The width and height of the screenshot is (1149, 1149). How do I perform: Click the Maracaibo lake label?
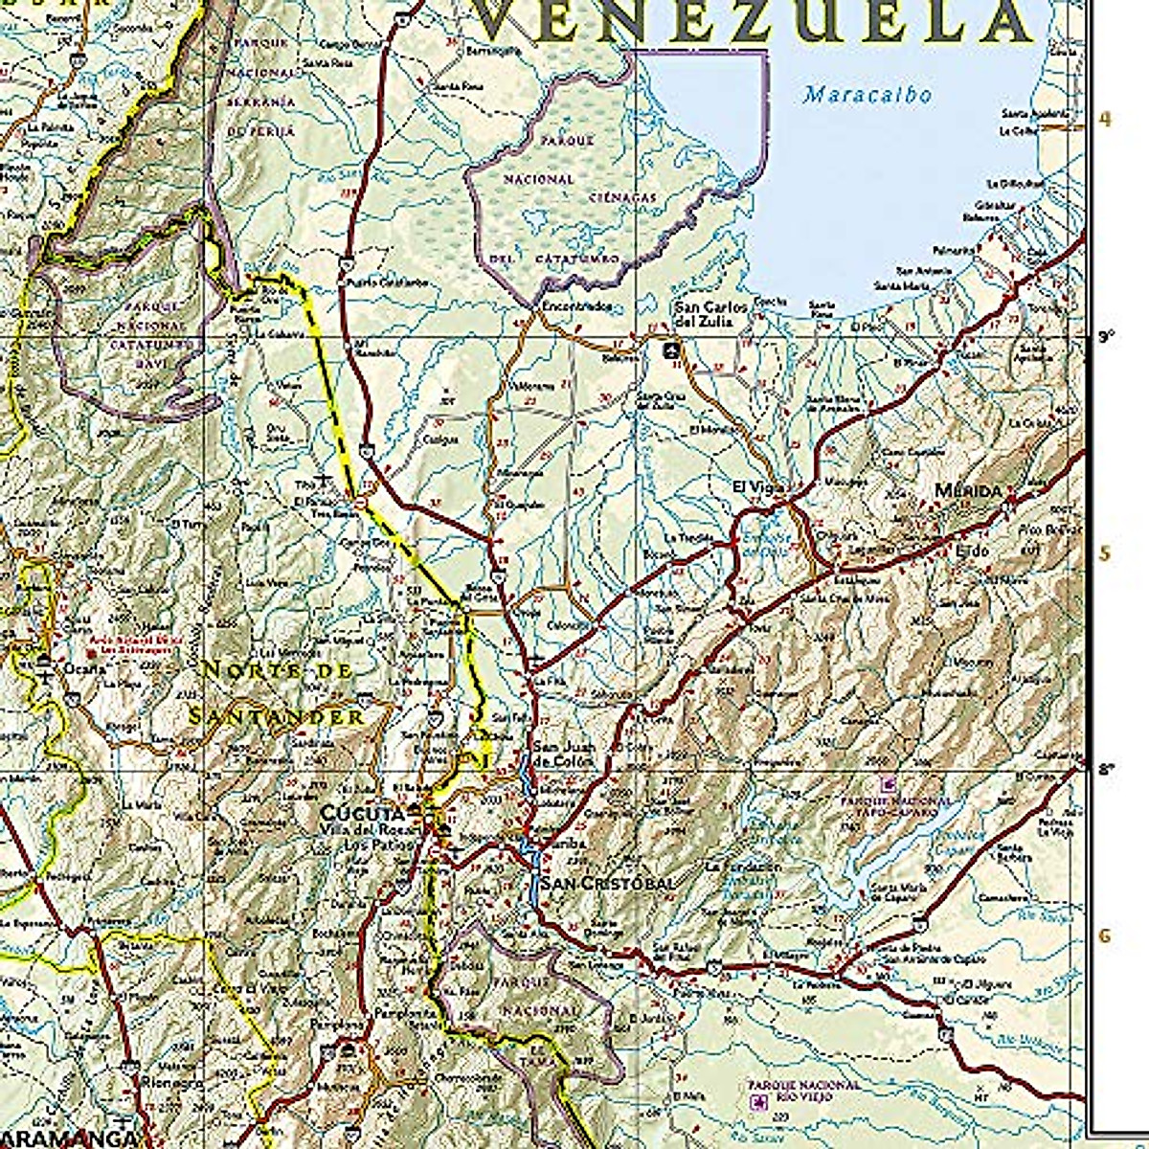pos(867,95)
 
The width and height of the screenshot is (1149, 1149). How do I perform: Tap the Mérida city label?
pos(967,491)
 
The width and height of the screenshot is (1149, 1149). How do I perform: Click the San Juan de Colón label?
pos(563,755)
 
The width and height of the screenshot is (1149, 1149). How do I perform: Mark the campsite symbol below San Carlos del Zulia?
pos(673,350)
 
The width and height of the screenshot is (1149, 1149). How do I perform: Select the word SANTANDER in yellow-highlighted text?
pos(276,715)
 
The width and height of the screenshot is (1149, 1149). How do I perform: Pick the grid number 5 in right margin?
pos(1105,554)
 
